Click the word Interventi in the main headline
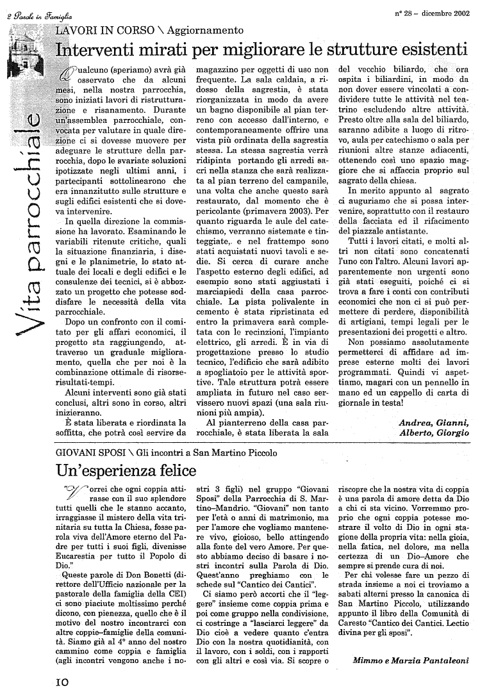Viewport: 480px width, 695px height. coord(96,49)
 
